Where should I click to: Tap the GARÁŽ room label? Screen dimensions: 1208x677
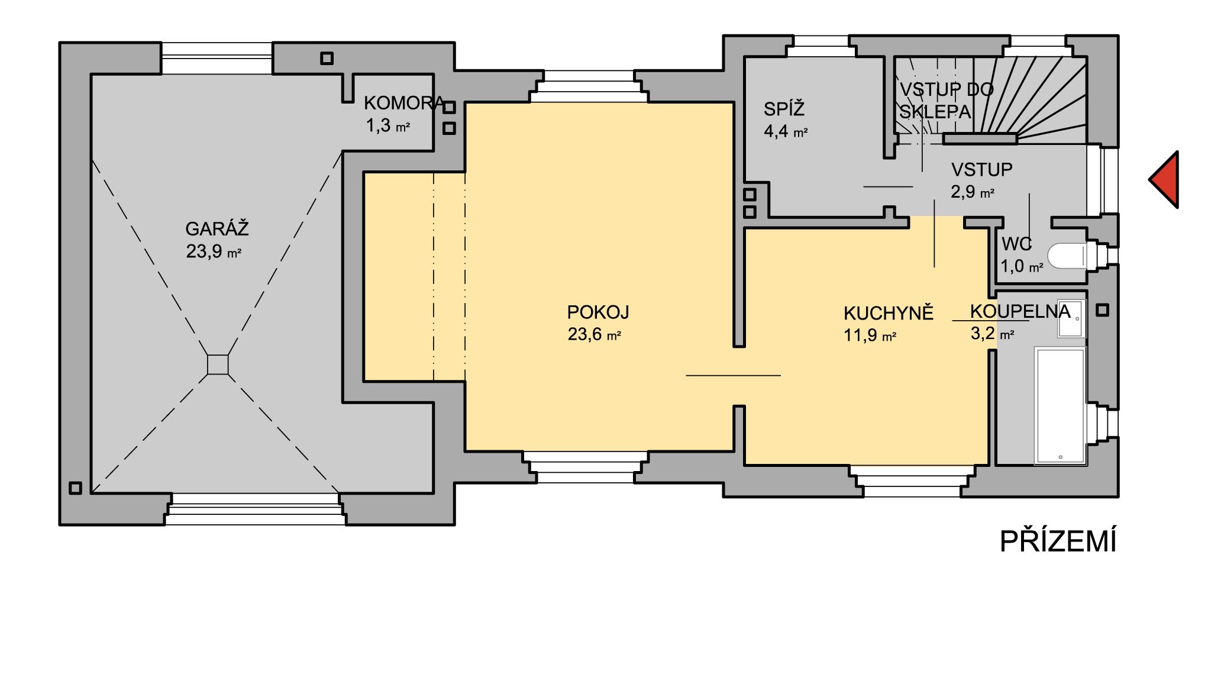pos(217,228)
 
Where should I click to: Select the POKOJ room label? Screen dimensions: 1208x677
pos(597,312)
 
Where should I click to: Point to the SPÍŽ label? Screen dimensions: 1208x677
pos(784,109)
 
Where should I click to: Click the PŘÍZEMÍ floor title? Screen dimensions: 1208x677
pos(1058,541)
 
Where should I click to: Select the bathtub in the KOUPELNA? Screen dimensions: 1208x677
pos(1060,405)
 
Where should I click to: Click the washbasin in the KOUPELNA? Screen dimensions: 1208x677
pos(1070,318)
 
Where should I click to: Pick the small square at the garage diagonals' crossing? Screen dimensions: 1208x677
pos(218,365)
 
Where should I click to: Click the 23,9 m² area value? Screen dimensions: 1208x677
pos(214,252)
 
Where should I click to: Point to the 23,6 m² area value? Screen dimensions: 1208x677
pos(594,334)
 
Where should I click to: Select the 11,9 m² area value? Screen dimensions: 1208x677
pos(870,336)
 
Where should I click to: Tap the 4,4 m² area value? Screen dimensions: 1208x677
pos(786,131)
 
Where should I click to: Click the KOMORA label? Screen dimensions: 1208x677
pos(404,103)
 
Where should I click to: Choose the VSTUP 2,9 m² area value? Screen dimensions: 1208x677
pos(973,192)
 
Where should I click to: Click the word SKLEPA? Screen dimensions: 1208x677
pos(935,112)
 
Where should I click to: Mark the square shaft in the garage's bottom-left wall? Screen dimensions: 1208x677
pos(75,488)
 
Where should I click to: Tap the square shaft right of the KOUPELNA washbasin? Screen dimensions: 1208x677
pos(1102,310)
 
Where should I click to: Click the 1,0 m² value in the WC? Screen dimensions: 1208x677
pos(1022,266)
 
